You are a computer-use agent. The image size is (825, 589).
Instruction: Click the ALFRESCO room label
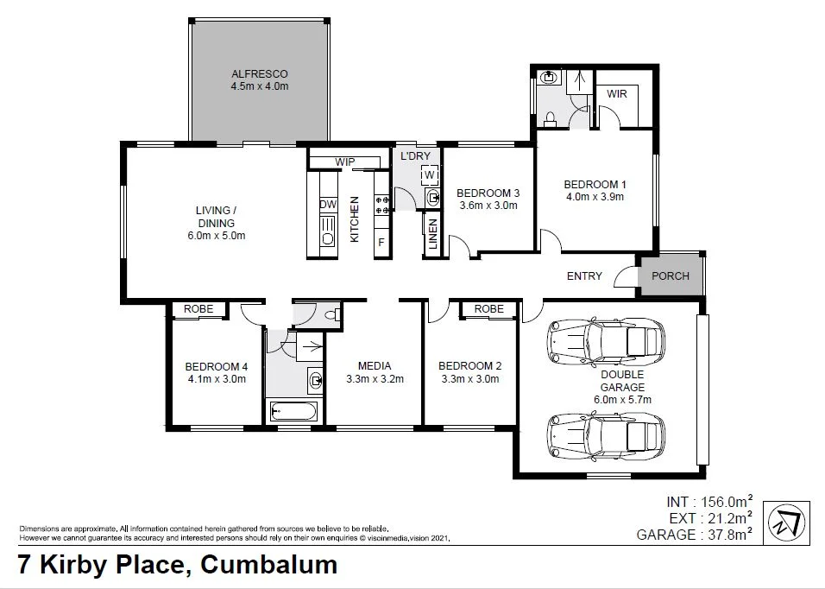click(x=259, y=73)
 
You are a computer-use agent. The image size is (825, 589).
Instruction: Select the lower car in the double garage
click(x=607, y=436)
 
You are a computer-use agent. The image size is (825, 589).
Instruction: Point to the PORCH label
click(x=671, y=276)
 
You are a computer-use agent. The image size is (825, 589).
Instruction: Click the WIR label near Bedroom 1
click(x=617, y=93)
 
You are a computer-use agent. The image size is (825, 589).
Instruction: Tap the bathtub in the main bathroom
click(x=293, y=411)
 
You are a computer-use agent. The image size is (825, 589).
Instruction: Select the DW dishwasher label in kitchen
click(x=327, y=205)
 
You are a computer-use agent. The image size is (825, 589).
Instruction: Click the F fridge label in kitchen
click(x=380, y=243)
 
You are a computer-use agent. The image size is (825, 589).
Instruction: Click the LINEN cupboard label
click(x=432, y=233)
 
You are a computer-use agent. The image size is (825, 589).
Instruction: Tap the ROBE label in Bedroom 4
click(x=199, y=309)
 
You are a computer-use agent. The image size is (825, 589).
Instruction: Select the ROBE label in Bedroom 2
click(x=488, y=309)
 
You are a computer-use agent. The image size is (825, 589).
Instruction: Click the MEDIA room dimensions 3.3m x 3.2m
click(x=375, y=378)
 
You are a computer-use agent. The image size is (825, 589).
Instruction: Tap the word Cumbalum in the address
click(x=268, y=566)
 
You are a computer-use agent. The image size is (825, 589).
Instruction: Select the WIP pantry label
click(x=345, y=161)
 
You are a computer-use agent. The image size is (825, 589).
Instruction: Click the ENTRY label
click(x=584, y=276)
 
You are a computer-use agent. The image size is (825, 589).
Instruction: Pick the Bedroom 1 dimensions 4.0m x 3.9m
click(x=594, y=197)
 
